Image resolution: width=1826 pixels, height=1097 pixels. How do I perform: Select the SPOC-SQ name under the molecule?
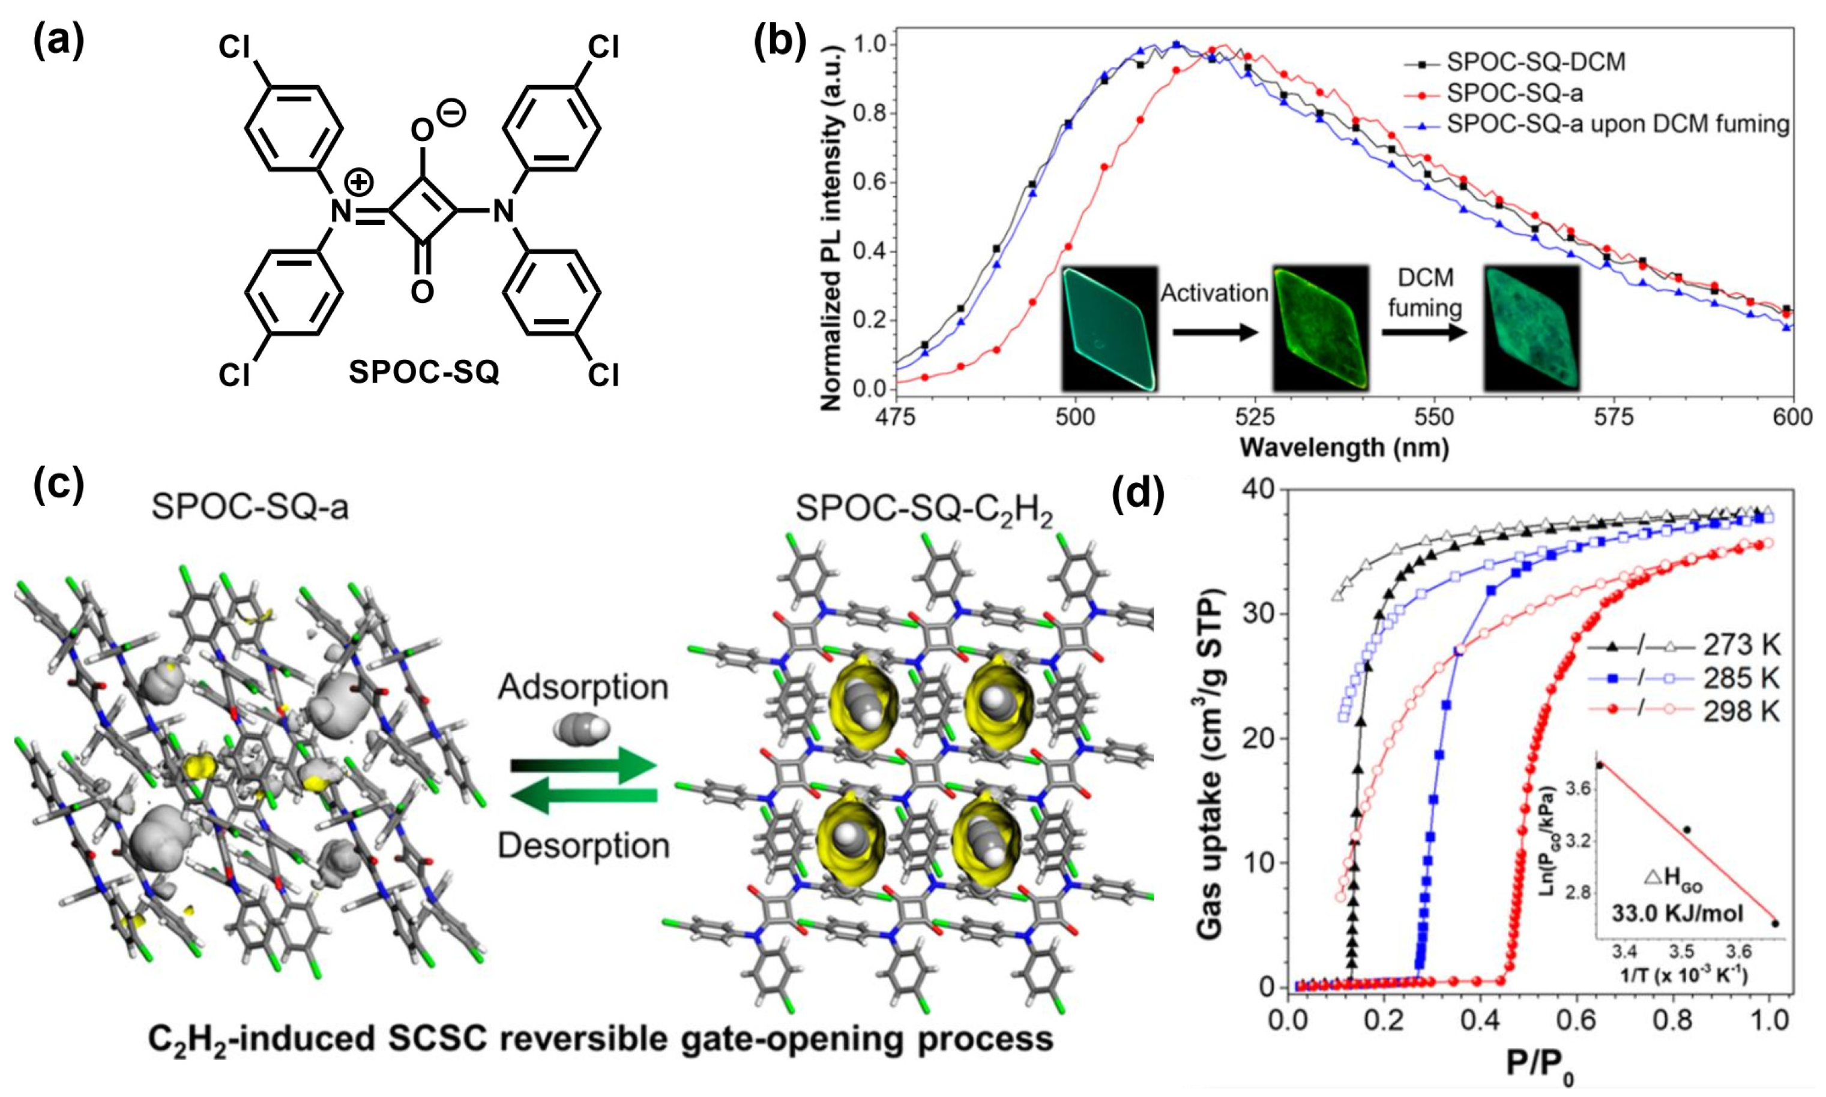tap(424, 372)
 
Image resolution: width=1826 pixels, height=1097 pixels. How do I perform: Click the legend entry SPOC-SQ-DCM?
tap(1535, 62)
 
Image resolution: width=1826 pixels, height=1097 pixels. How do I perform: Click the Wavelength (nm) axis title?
tap(1344, 448)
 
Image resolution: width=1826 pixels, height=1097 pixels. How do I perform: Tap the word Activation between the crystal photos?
tap(1214, 293)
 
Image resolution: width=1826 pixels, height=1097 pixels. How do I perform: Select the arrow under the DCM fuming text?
tap(1424, 333)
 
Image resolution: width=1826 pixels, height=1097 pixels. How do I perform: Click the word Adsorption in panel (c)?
tap(583, 687)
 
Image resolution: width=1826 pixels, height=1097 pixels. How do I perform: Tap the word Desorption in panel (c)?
tap(583, 846)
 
